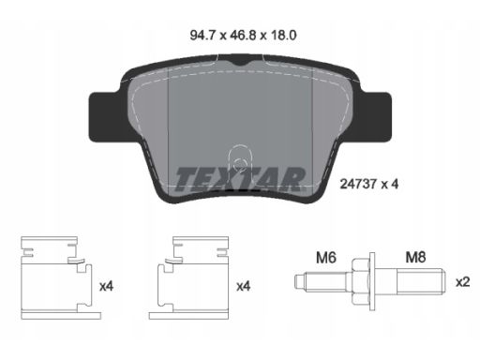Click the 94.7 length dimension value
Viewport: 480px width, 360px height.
[203, 36]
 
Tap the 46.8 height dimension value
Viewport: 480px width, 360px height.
[244, 36]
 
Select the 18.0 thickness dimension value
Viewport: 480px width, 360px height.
[283, 36]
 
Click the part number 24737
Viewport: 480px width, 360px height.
[358, 184]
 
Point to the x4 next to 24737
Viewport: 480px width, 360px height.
[390, 184]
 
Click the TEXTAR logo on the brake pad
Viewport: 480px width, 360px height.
[240, 180]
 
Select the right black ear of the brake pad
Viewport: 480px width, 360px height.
[374, 116]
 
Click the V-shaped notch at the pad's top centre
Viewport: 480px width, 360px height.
[240, 62]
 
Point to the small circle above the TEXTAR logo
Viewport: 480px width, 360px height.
[240, 164]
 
